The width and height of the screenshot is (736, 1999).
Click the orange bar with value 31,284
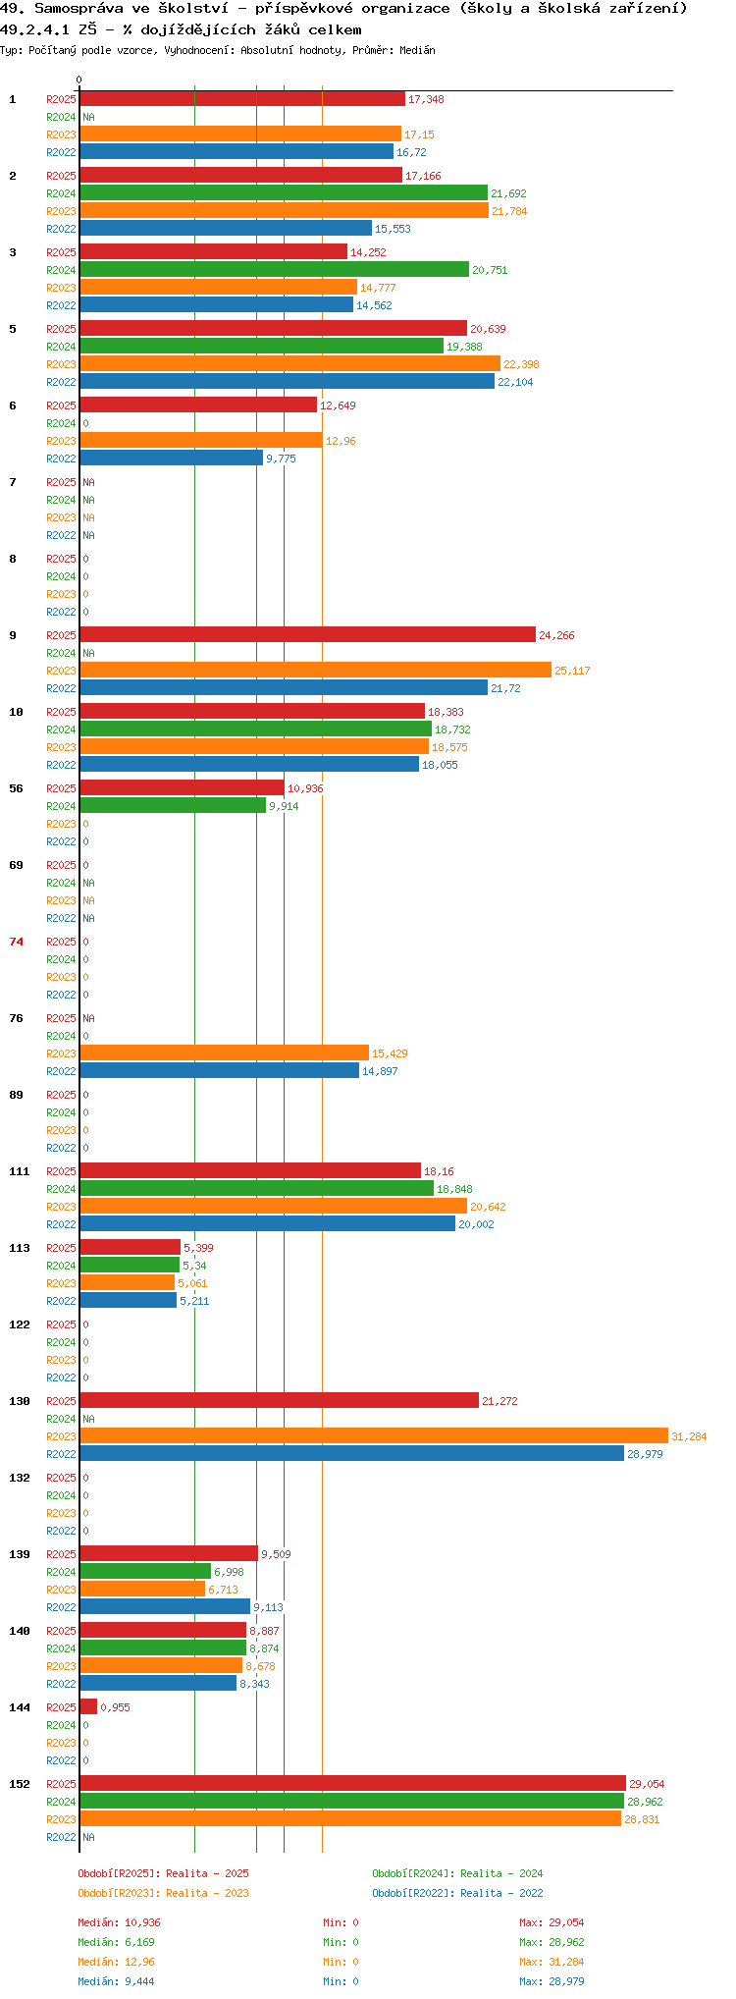[x=374, y=1435]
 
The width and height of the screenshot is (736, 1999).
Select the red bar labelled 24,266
[x=308, y=634]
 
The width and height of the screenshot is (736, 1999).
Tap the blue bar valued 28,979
[x=352, y=1453]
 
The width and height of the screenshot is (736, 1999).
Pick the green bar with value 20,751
[x=275, y=269]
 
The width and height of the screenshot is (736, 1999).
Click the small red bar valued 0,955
[x=88, y=1706]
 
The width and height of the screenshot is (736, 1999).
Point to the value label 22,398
[x=521, y=364]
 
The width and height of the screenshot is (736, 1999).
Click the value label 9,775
[x=281, y=459]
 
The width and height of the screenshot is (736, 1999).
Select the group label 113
[x=20, y=1248]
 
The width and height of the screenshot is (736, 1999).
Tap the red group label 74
[x=17, y=942]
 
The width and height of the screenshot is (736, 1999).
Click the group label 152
[x=20, y=1784]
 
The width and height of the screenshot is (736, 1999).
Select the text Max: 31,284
[x=552, y=1962]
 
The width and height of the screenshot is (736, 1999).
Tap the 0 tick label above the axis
[x=79, y=80]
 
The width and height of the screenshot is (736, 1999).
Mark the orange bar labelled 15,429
[x=225, y=1053]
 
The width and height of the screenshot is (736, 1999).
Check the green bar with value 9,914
[x=173, y=805]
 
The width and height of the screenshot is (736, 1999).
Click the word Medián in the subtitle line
[x=417, y=50]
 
